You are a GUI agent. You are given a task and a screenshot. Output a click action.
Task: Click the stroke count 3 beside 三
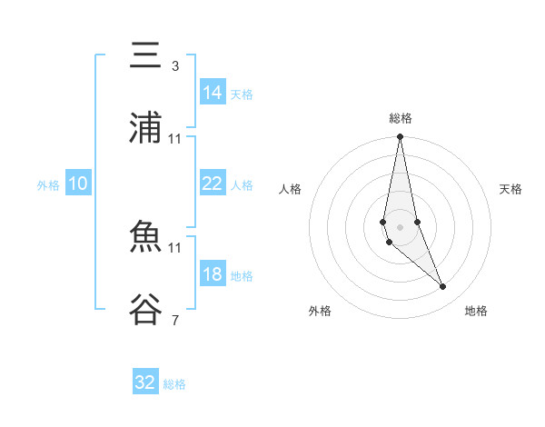(x=174, y=66)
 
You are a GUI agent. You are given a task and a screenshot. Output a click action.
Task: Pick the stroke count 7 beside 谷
(x=174, y=320)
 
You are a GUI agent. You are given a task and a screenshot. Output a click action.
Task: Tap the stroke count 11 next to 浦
(x=175, y=139)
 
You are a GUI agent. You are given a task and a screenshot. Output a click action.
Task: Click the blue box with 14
(x=213, y=93)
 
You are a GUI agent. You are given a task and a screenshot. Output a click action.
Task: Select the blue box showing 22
(x=213, y=184)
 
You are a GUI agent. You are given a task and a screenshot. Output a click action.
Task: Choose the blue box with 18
(x=213, y=274)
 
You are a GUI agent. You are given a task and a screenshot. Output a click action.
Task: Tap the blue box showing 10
(x=78, y=184)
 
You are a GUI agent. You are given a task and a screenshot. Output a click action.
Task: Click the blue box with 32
(x=145, y=382)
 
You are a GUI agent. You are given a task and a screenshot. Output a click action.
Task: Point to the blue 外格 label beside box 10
(x=48, y=185)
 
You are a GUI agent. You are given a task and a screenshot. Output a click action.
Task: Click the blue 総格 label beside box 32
(x=174, y=384)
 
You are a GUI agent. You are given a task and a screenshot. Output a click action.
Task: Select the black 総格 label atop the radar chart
(x=401, y=118)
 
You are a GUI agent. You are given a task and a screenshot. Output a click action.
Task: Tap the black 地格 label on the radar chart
(x=476, y=311)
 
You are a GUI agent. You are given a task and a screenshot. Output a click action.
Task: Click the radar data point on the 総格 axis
(x=401, y=137)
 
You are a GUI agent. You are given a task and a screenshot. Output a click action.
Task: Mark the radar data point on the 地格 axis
(x=443, y=287)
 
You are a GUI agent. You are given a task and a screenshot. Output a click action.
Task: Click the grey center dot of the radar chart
(x=401, y=227)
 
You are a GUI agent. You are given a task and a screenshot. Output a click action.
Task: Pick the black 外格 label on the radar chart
(x=320, y=311)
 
